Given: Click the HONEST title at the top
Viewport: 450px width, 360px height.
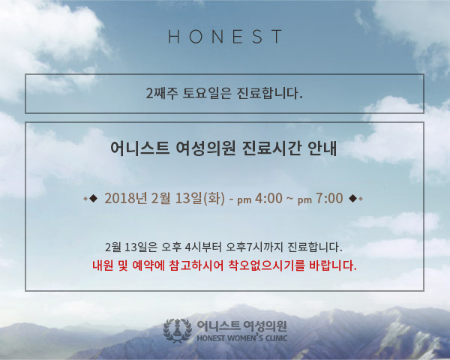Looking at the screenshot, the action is tap(225, 37).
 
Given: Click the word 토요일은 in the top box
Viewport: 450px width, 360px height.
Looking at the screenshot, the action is tap(207, 93).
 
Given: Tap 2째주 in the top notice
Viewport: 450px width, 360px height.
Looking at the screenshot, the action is tap(162, 93).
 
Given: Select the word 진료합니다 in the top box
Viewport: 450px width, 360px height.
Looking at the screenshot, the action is tap(269, 93).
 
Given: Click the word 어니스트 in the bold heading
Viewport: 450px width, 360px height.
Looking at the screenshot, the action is tap(139, 148).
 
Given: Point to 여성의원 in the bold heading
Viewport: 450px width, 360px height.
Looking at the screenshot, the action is tap(205, 148).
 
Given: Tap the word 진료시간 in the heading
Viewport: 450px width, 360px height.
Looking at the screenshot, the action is tap(271, 148).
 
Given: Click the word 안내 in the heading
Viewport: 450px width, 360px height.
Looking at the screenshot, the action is tap(322, 148).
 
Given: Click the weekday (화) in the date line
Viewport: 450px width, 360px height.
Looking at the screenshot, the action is tap(214, 198).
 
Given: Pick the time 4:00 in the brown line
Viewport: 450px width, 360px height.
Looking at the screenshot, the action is tap(268, 198).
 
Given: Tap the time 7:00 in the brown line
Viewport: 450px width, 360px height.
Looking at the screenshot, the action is tap(329, 198).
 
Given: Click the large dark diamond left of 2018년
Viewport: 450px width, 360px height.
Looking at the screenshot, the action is tap(94, 198).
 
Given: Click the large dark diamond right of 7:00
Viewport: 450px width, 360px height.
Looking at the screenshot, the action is tap(353, 198).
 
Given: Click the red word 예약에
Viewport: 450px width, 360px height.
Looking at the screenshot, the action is tap(148, 265).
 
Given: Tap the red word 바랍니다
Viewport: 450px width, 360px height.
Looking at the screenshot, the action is tap(333, 265).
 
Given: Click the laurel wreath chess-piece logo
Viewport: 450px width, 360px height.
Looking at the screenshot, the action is tap(178, 331).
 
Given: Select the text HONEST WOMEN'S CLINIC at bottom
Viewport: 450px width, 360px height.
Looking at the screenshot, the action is tap(242, 337).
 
